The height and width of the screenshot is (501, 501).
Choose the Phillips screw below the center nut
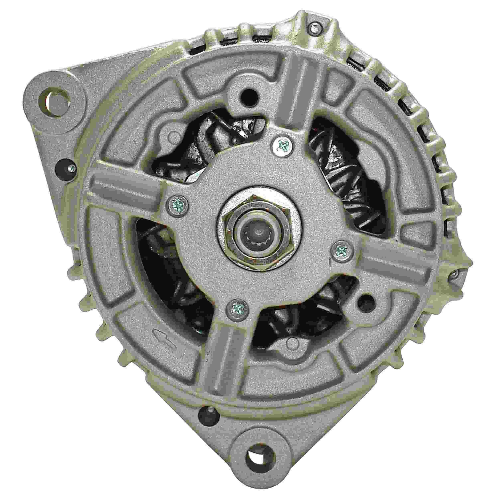(237, 308)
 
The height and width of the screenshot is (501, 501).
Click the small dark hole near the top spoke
(249, 96)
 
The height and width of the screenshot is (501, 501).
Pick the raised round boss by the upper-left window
(172, 135)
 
